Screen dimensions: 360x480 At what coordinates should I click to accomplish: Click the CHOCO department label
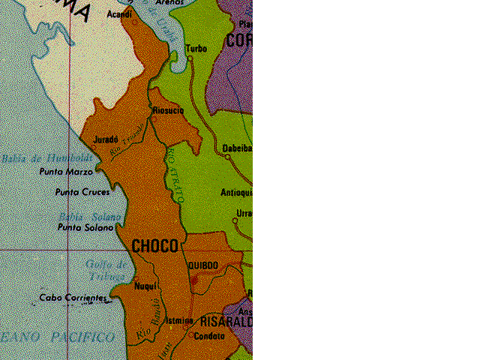pos(154,246)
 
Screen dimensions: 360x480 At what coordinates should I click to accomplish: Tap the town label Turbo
pos(196,49)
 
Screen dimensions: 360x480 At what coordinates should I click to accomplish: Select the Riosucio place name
pos(168,110)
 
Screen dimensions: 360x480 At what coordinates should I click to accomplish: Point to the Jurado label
pos(106,139)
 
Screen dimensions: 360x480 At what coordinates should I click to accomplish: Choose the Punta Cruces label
pos(82,192)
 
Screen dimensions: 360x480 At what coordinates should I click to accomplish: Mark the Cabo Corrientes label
pos(73,298)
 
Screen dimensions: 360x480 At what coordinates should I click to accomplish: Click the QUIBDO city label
pos(202,265)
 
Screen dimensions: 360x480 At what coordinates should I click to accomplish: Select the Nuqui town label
pos(144,286)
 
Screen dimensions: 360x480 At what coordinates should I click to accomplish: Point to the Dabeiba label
pos(236,148)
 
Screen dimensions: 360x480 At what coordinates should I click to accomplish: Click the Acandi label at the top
pos(119,14)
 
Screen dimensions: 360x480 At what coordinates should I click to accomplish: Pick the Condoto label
pos(208,337)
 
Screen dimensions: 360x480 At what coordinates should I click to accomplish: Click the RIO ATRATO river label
pos(173,175)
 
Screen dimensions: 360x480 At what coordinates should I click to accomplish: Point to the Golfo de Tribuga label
pos(105,270)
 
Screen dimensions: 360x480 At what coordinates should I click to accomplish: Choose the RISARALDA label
pos(226,321)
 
